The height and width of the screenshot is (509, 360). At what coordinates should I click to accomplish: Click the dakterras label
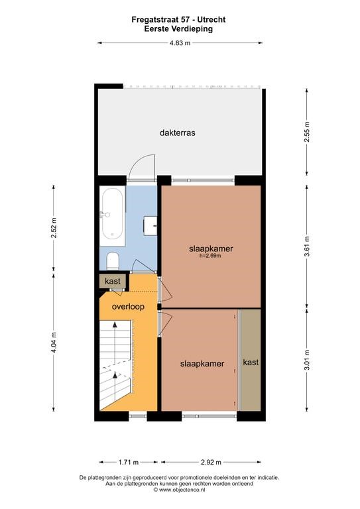pyautogui.click(x=177, y=133)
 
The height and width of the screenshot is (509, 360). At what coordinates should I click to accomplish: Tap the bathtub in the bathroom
pyautogui.click(x=112, y=216)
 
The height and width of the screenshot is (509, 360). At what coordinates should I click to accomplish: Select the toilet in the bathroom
pyautogui.click(x=113, y=260)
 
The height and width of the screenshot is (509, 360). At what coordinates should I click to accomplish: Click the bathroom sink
pyautogui.click(x=150, y=225)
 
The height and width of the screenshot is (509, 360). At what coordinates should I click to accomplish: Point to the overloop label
pyautogui.click(x=128, y=307)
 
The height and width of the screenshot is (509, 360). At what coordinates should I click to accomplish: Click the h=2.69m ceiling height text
pyautogui.click(x=211, y=255)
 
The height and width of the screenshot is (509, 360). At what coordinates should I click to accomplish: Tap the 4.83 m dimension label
pyautogui.click(x=180, y=43)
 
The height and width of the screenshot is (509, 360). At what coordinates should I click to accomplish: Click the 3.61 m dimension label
pyautogui.click(x=307, y=247)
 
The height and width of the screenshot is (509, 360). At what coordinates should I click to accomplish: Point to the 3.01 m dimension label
pyautogui.click(x=307, y=360)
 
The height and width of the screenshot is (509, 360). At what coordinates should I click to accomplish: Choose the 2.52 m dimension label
pyautogui.click(x=54, y=227)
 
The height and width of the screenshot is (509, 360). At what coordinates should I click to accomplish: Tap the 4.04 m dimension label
pyautogui.click(x=54, y=343)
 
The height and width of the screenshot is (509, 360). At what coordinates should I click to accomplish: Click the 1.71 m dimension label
pyautogui.click(x=128, y=462)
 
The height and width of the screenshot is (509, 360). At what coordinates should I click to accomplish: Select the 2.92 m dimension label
pyautogui.click(x=211, y=462)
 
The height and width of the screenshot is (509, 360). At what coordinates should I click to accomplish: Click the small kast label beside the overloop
pyautogui.click(x=113, y=281)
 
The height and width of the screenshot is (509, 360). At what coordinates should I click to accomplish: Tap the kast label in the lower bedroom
pyautogui.click(x=251, y=362)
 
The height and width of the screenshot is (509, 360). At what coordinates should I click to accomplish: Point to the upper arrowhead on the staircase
pyautogui.click(x=115, y=324)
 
